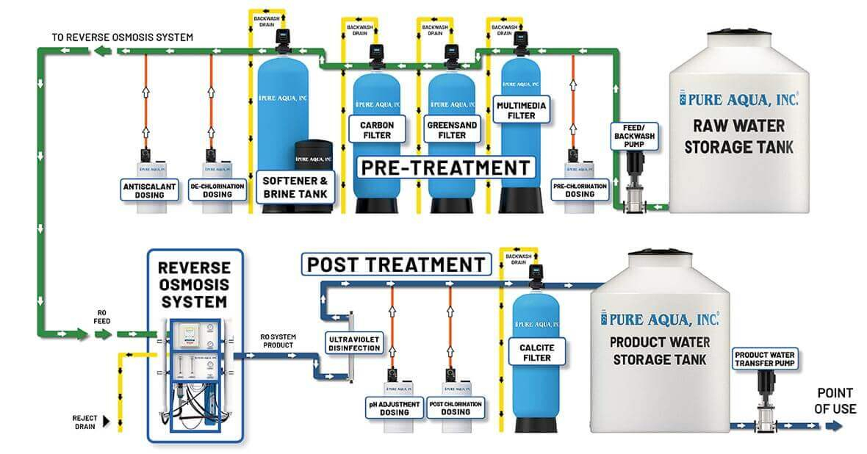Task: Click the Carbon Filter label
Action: pyautogui.click(x=377, y=130)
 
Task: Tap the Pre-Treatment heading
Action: pyautogui.click(x=445, y=167)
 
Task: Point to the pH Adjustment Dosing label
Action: pyautogui.click(x=395, y=408)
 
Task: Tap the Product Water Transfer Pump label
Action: pyautogui.click(x=765, y=359)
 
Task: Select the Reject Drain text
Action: pyautogui.click(x=85, y=422)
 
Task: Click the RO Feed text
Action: pyautogui.click(x=101, y=316)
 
